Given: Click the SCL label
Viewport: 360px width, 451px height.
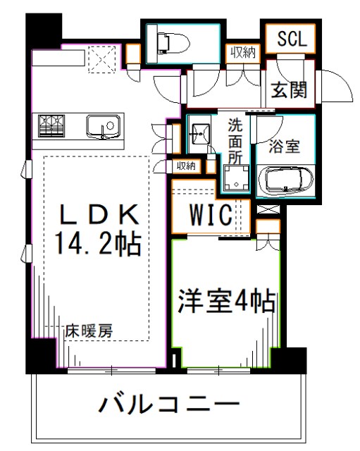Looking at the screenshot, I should click(292, 39).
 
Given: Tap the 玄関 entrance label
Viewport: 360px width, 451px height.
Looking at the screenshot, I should click(292, 90).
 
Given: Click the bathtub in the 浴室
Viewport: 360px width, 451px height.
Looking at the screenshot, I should click(287, 182).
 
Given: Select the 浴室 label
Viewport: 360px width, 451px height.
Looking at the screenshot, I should click(286, 147).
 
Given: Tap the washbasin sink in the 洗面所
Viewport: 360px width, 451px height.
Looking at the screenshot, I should click(201, 132).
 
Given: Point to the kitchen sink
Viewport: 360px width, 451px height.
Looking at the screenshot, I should click(103, 127).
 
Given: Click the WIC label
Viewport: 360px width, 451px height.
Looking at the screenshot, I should click(209, 216).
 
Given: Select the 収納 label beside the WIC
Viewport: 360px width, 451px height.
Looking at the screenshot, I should click(186, 166).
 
